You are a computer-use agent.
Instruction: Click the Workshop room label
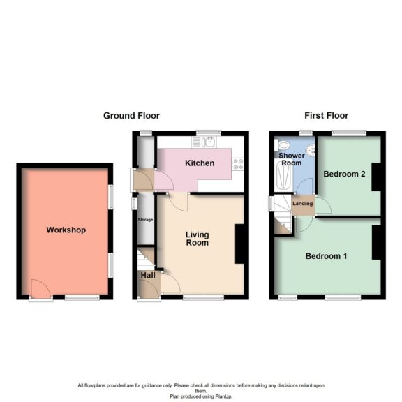coord(66,230)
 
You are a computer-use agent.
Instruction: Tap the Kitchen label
coord(199,163)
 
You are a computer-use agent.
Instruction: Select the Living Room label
coord(197,239)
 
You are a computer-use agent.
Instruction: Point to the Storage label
coord(145,220)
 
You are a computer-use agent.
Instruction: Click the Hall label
coord(148,276)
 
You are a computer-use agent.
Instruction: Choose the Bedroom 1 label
coord(326,256)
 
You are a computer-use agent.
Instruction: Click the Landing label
coord(303,204)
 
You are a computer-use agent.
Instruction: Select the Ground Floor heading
coord(131,116)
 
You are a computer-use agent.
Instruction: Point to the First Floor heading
coord(326,116)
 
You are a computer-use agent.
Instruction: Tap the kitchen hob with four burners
coord(238,165)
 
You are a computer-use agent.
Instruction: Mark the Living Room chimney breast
coord(239,244)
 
